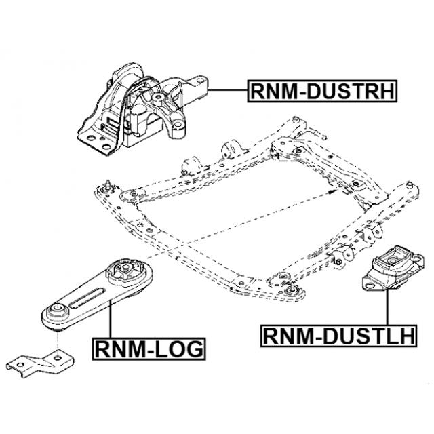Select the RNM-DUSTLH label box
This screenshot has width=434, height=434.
click(x=340, y=335)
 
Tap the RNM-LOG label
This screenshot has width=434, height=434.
click(x=148, y=349)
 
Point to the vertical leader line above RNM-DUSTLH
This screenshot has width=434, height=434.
click(x=387, y=309)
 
